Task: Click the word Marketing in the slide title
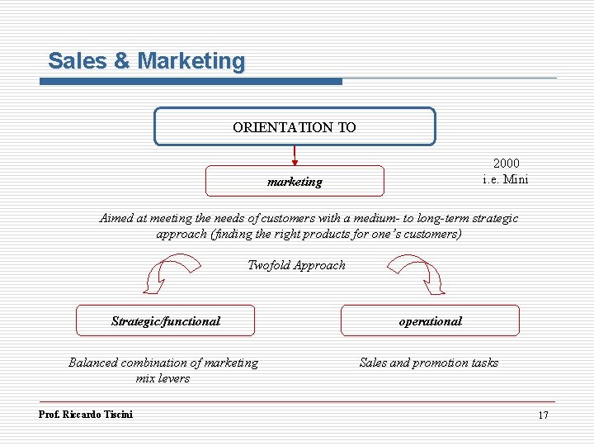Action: coord(191,61)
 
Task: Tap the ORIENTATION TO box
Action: coord(295,127)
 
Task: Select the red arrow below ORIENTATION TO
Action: coord(295,155)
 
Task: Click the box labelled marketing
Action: coord(295,182)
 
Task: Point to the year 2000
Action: coord(506,164)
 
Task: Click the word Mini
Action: coord(516,179)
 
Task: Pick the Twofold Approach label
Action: coord(296,265)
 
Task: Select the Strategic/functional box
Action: coord(165,320)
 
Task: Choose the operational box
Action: coord(431,320)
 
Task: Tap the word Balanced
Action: coord(93,363)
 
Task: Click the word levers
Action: coord(173,378)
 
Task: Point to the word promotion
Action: coord(438,363)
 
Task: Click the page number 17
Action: coord(543,415)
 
